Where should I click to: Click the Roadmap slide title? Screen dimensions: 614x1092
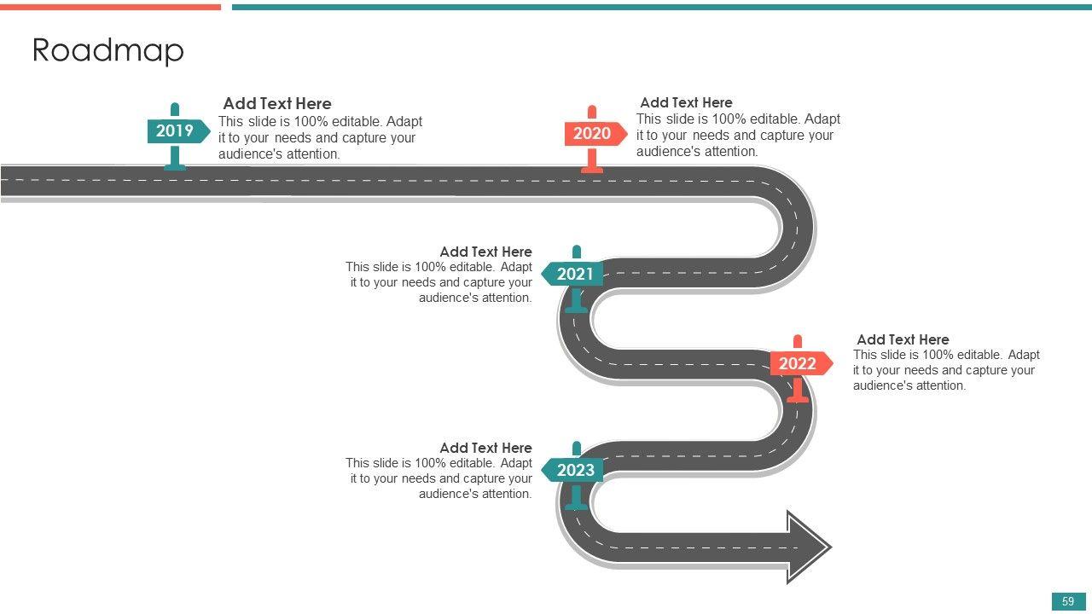coord(107,51)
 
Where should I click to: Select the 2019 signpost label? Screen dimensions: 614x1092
coord(175,131)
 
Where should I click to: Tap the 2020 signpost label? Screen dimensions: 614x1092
coord(592,134)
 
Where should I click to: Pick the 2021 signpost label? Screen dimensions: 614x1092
coord(575,275)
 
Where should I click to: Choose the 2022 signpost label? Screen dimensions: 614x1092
coord(798,364)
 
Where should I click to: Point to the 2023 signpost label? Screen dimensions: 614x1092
coord(575,471)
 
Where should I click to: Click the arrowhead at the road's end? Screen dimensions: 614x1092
coord(806,547)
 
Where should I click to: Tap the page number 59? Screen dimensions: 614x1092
coord(1068,601)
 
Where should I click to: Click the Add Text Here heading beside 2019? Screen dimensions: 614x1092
coord(277,104)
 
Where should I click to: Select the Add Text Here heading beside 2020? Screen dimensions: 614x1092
coord(686,102)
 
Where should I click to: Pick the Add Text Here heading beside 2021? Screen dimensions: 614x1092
coord(485,252)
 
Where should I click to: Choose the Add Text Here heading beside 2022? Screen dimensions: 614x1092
coord(903,339)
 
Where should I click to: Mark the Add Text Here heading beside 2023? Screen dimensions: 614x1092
coord(485,448)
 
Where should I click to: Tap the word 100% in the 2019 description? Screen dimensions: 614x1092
coord(311,121)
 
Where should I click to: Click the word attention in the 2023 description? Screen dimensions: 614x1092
coord(502,494)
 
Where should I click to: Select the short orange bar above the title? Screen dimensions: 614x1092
coord(110,7)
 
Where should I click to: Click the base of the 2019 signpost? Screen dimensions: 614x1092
coord(175,167)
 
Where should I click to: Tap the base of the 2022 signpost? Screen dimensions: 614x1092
coord(798,398)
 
